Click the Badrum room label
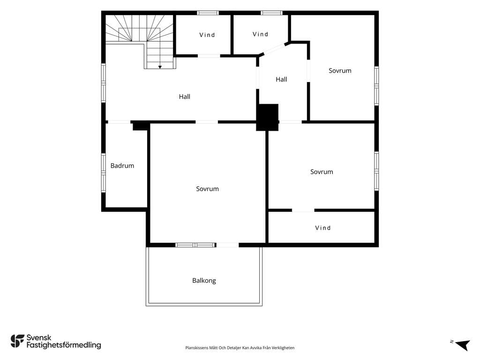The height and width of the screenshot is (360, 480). [x=122, y=165]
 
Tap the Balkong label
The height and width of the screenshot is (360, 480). [x=204, y=281]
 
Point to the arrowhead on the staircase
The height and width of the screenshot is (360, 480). [x=160, y=67]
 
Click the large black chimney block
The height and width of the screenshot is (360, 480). [x=268, y=117]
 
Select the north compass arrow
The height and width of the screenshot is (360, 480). [x=462, y=345]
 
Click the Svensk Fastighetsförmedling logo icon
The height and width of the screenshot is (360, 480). [x=17, y=341]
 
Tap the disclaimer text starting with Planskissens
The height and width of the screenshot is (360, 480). [x=240, y=348]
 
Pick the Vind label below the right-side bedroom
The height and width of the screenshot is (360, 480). [x=322, y=228]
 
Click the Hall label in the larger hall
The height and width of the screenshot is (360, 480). [x=185, y=97]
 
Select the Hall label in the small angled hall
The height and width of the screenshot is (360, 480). [x=281, y=80]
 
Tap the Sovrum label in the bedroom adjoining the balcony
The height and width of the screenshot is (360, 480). [x=207, y=189]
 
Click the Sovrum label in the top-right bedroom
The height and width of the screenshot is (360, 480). [x=340, y=71]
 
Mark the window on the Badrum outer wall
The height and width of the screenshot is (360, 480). [x=104, y=172]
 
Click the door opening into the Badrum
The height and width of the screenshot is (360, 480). [x=119, y=122]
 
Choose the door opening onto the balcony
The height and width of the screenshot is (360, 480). [x=227, y=245]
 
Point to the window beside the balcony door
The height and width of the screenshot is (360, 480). [x=195, y=245]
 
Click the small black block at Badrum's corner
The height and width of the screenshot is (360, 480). [x=141, y=126]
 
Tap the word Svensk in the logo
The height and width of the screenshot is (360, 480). [x=39, y=337]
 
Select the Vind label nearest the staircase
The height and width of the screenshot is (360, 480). [x=207, y=35]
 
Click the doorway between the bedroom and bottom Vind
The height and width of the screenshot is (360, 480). [x=303, y=210]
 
